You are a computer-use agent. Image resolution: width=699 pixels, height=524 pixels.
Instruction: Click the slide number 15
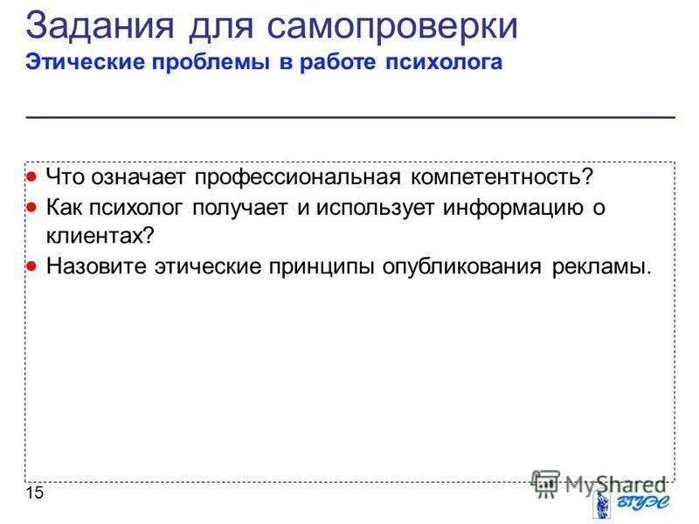(x=34, y=494)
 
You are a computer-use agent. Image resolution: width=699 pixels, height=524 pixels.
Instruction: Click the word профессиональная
(x=297, y=177)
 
